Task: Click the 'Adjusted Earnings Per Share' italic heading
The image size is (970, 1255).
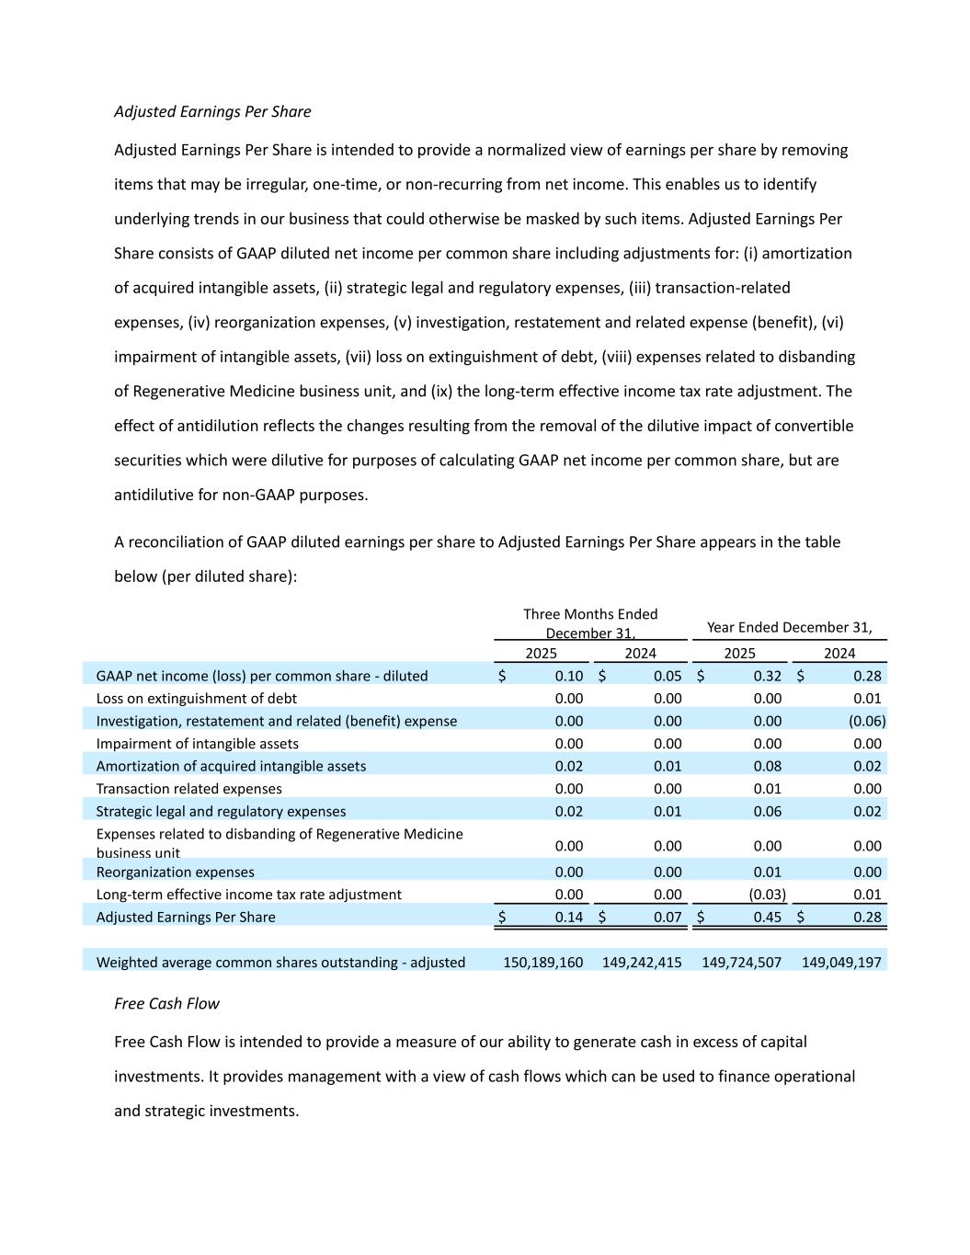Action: [212, 111]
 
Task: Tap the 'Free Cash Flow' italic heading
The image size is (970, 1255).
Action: [166, 1003]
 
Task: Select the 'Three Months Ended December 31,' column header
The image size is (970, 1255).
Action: [590, 623]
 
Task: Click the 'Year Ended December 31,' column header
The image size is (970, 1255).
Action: [789, 627]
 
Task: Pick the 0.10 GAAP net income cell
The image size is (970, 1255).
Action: [568, 676]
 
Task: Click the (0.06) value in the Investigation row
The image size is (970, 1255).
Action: [867, 721]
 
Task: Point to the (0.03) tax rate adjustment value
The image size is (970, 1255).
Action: [767, 894]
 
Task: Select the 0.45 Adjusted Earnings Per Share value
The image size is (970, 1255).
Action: [767, 917]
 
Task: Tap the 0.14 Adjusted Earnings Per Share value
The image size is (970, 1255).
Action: [568, 917]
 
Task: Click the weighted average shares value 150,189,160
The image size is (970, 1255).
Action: [542, 962]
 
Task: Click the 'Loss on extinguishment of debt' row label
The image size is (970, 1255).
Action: [196, 698]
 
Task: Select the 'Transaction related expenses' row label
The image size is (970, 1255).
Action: [188, 789]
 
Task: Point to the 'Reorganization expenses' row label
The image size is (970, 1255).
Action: [175, 872]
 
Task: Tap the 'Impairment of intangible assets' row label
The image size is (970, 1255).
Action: [197, 744]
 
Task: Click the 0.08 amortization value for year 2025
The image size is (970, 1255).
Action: [767, 766]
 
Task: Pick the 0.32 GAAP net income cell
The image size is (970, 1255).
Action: [767, 676]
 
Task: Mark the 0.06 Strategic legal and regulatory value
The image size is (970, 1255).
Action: [767, 811]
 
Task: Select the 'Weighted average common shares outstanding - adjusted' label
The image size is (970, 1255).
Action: [280, 962]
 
